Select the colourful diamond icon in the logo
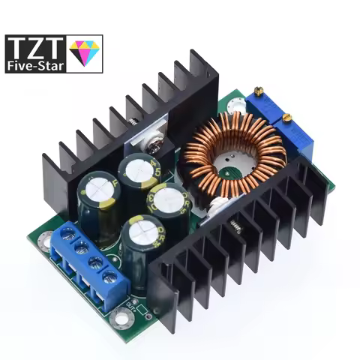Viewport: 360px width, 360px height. pyautogui.click(x=83, y=52)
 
